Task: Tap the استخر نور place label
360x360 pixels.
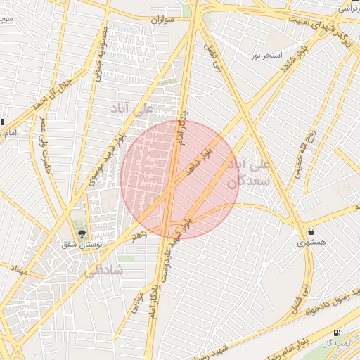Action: (x=267, y=55)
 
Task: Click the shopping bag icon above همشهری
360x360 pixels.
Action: (x=311, y=231)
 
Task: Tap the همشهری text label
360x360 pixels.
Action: (x=311, y=243)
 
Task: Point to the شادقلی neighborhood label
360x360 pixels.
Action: (x=103, y=270)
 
